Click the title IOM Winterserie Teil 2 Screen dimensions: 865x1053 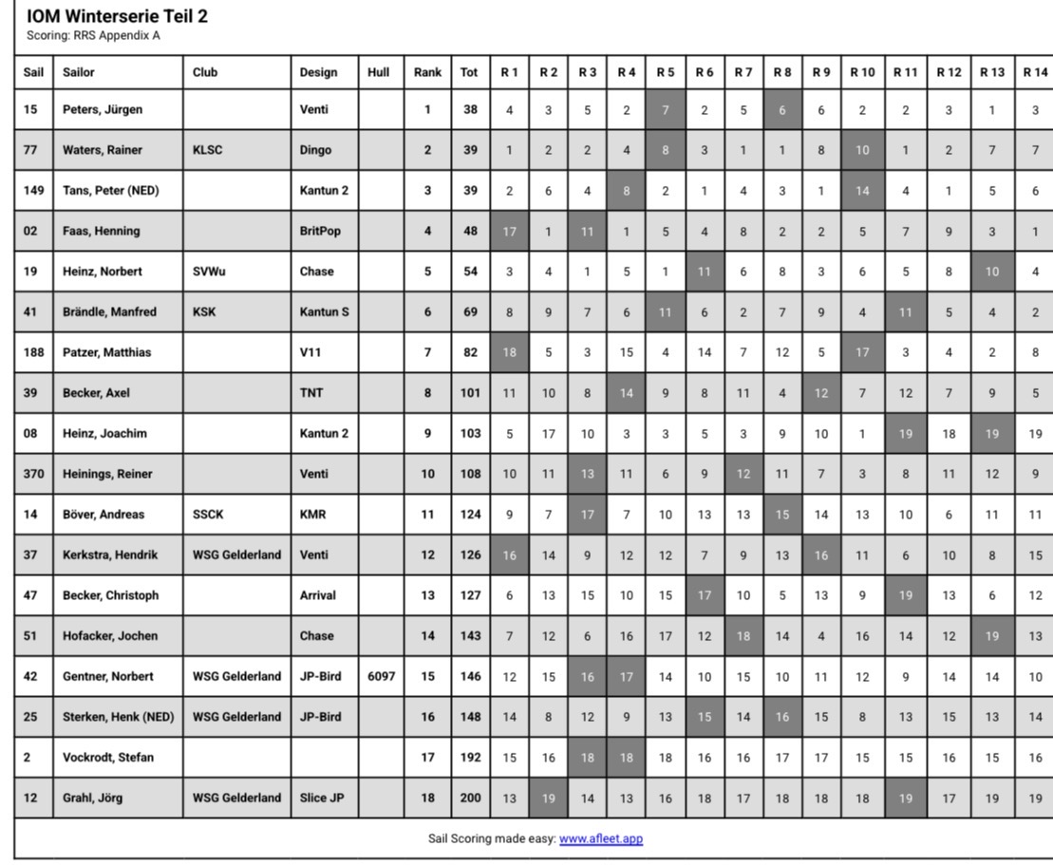117,17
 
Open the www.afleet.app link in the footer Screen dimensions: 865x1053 600,838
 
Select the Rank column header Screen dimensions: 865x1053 427,71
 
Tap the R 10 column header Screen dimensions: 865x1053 862,71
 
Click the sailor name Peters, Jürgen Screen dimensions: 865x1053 103,109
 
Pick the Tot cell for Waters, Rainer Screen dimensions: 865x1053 470,150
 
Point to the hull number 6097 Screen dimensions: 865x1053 381,676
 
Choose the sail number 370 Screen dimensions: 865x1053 33,474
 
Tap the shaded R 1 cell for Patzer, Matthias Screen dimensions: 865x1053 509,352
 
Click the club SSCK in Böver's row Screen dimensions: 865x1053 209,515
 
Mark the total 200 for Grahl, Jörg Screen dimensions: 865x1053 470,798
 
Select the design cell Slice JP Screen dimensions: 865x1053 322,798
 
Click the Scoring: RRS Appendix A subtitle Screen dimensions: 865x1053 93,36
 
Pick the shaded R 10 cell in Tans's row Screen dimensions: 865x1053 862,190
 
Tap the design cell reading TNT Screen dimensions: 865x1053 311,393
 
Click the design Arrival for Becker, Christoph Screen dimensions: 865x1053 318,595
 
